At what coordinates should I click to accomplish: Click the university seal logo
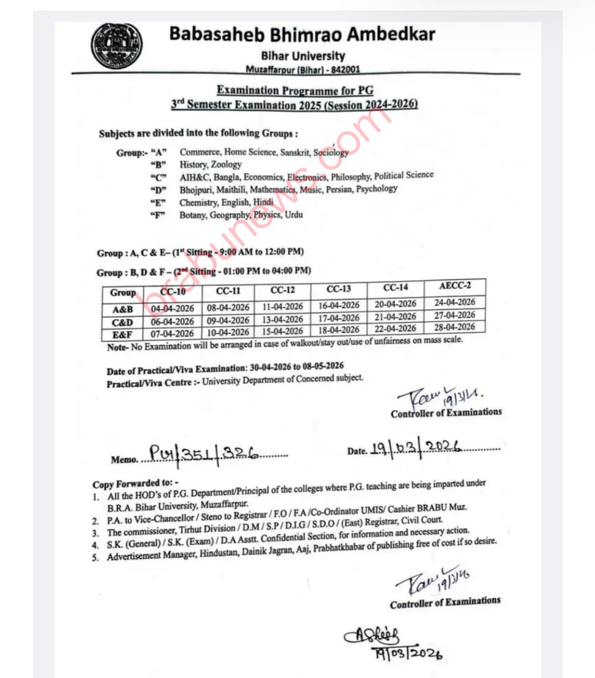[x=117, y=46]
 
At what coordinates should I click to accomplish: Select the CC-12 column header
[x=282, y=290]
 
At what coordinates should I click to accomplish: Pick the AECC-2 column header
[x=455, y=286]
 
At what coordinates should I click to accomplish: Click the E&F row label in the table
[x=122, y=334]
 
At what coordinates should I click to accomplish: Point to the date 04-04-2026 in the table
[x=172, y=308]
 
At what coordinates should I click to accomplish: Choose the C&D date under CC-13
[x=339, y=318]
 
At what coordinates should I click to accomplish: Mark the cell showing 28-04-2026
[x=454, y=327]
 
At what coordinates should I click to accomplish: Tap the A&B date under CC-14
[x=395, y=304]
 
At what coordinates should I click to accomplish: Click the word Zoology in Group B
[x=226, y=165]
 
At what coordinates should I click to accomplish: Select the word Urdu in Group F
[x=294, y=215]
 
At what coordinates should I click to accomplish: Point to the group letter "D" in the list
[x=158, y=190]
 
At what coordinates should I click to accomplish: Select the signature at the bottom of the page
[x=392, y=644]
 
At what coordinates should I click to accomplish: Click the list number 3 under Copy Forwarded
[x=95, y=533]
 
